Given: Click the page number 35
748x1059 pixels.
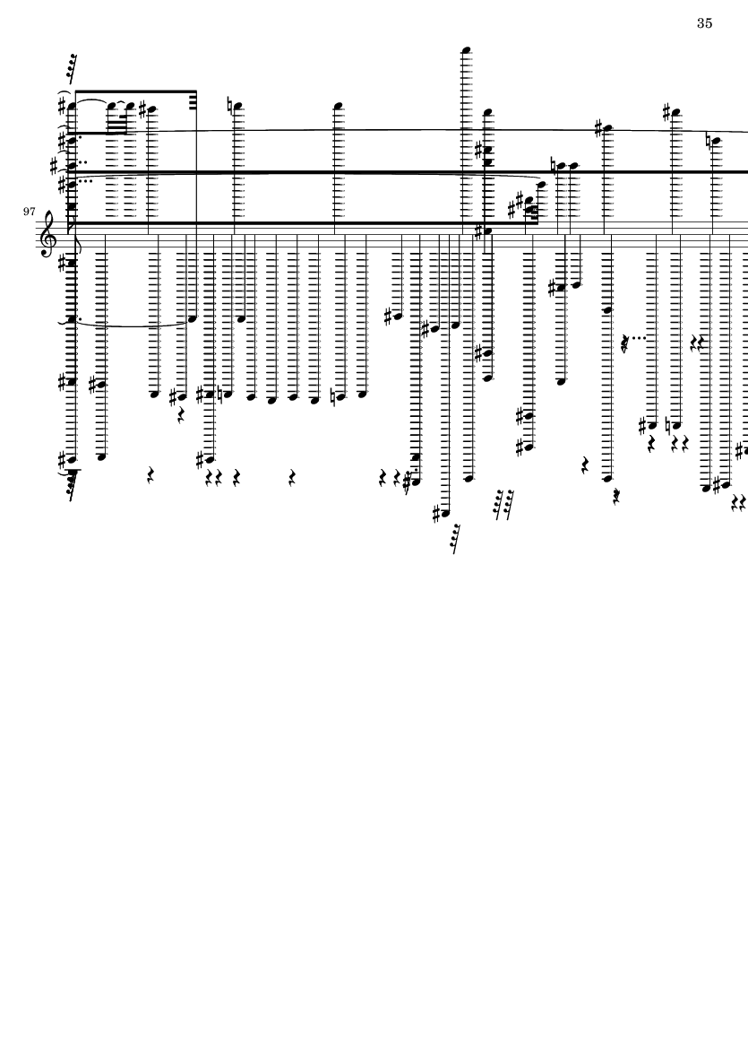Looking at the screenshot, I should click(x=704, y=23).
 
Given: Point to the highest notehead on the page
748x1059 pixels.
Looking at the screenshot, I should click(x=467, y=49).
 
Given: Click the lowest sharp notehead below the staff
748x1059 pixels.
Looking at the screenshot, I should click(x=440, y=513).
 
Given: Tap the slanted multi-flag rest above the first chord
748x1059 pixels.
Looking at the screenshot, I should click(x=71, y=65).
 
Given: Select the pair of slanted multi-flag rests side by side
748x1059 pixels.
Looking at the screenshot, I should click(x=503, y=504).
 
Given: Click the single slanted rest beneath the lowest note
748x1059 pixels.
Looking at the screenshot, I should click(x=457, y=538).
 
